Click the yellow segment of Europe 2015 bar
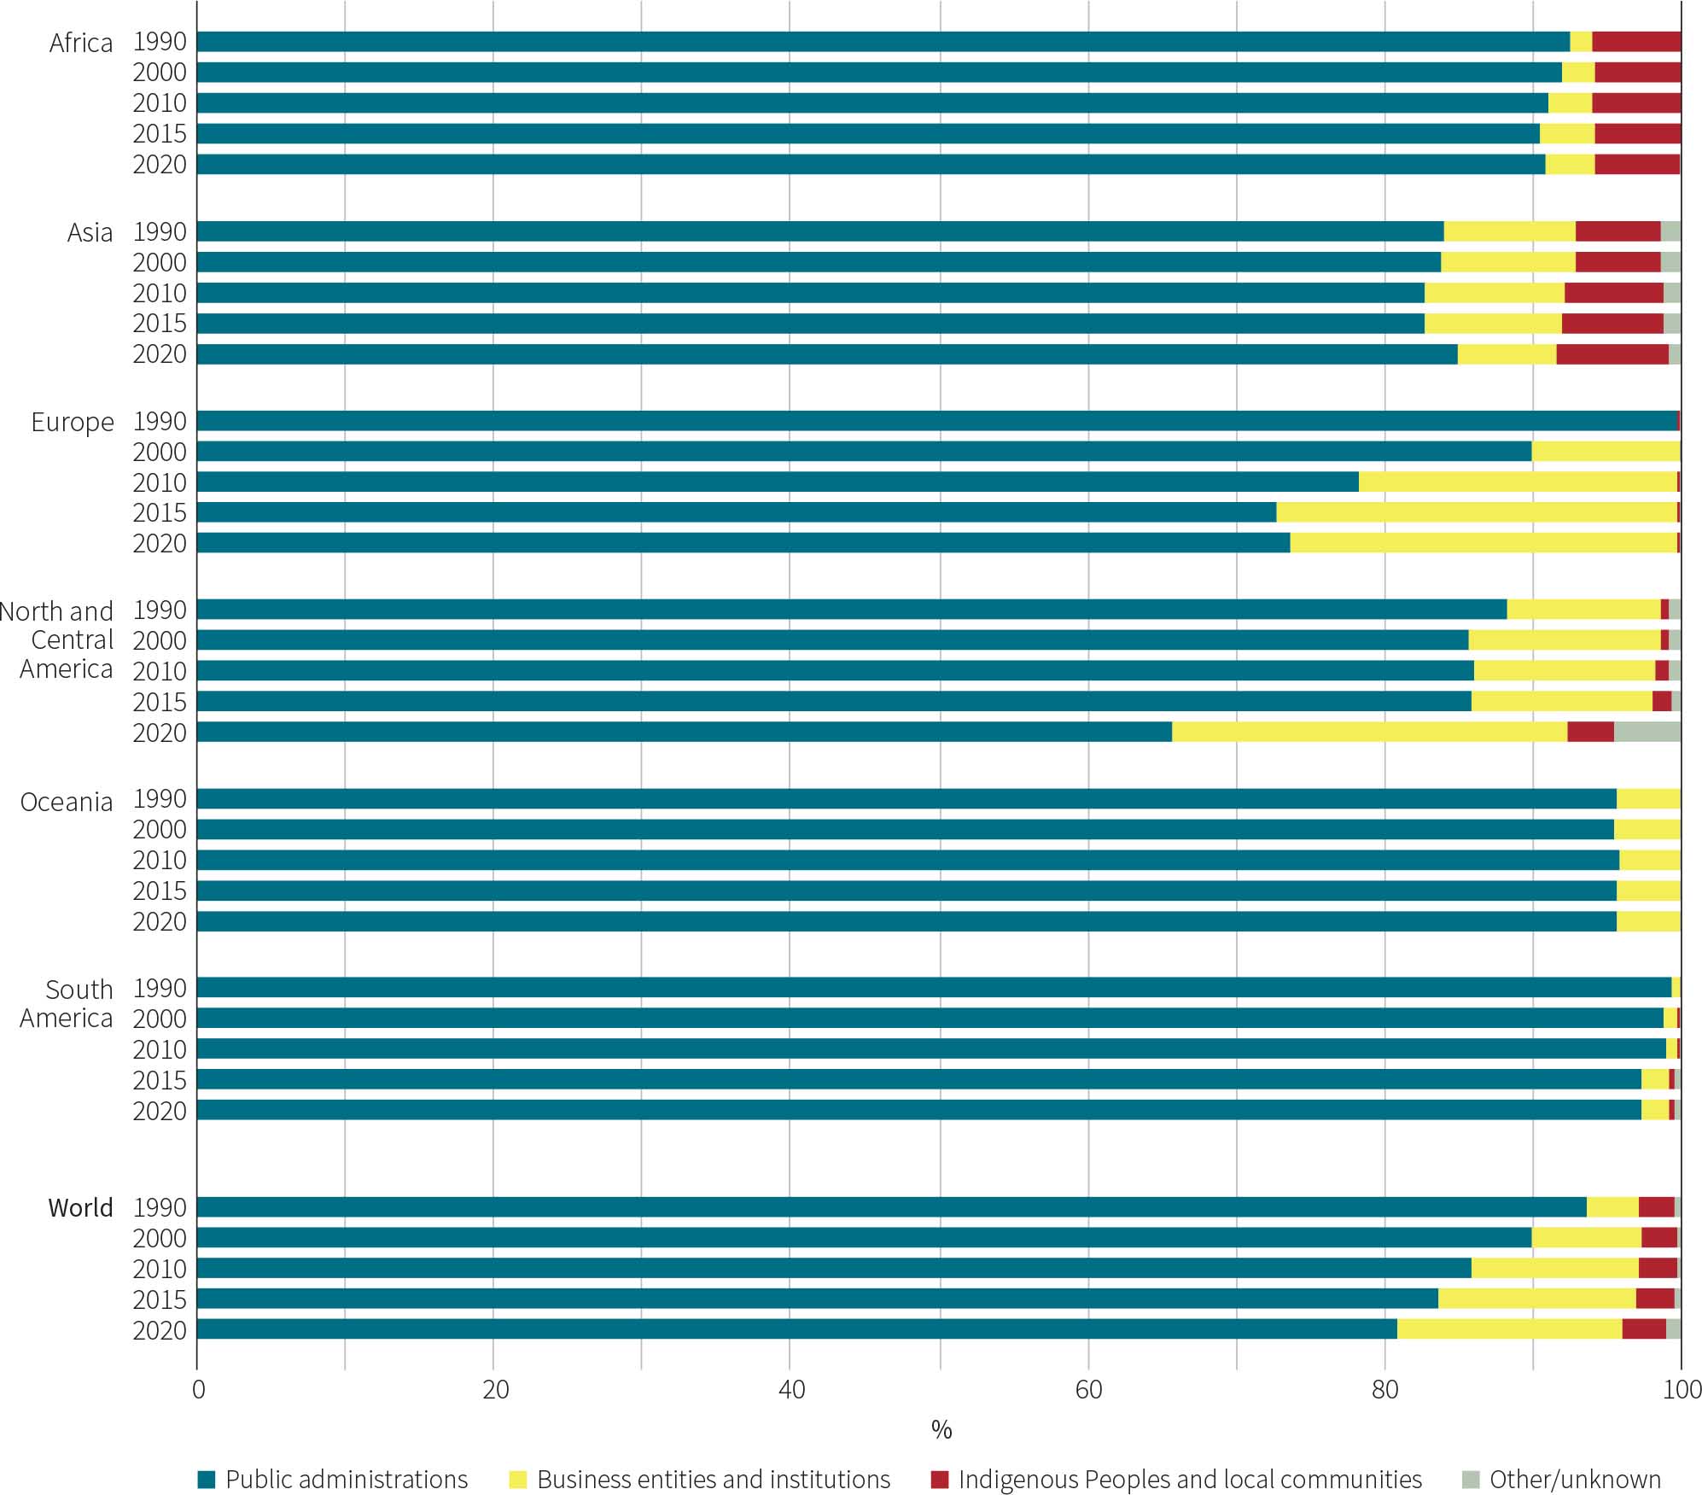point(1476,512)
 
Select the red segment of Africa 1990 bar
point(1635,42)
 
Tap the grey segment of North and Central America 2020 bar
point(1647,732)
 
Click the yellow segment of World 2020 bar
point(1509,1329)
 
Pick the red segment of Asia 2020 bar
point(1612,353)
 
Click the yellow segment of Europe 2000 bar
point(1606,451)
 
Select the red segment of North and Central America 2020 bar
point(1590,732)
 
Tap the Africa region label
point(80,43)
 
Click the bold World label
point(80,1207)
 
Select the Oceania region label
point(67,802)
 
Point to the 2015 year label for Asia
point(160,324)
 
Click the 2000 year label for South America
point(160,1019)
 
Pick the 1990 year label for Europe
point(160,421)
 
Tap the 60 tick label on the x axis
point(1088,1390)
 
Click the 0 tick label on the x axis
point(198,1390)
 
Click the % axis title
point(941,1430)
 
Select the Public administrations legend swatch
point(207,1480)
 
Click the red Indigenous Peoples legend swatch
point(940,1480)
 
